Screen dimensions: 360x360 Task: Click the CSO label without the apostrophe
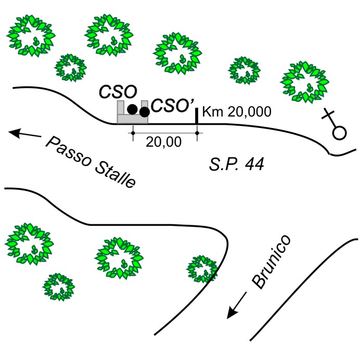pyautogui.click(x=118, y=92)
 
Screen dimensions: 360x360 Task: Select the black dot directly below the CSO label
pyautogui.click(x=133, y=109)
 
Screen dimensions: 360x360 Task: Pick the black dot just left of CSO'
pyautogui.click(x=145, y=111)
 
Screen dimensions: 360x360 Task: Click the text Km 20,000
pyautogui.click(x=236, y=112)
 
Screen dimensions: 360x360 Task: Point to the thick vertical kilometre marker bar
pyautogui.click(x=197, y=115)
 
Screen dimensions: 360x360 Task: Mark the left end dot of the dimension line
pyautogui.click(x=133, y=133)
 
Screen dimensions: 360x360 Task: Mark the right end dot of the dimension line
pyautogui.click(x=197, y=133)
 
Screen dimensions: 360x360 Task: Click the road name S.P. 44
pyautogui.click(x=236, y=165)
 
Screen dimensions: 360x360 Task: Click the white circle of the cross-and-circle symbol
pyautogui.click(x=339, y=132)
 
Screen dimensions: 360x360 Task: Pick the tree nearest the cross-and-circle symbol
pyautogui.click(x=304, y=81)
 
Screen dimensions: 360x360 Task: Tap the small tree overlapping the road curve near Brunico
pyautogui.click(x=202, y=268)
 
